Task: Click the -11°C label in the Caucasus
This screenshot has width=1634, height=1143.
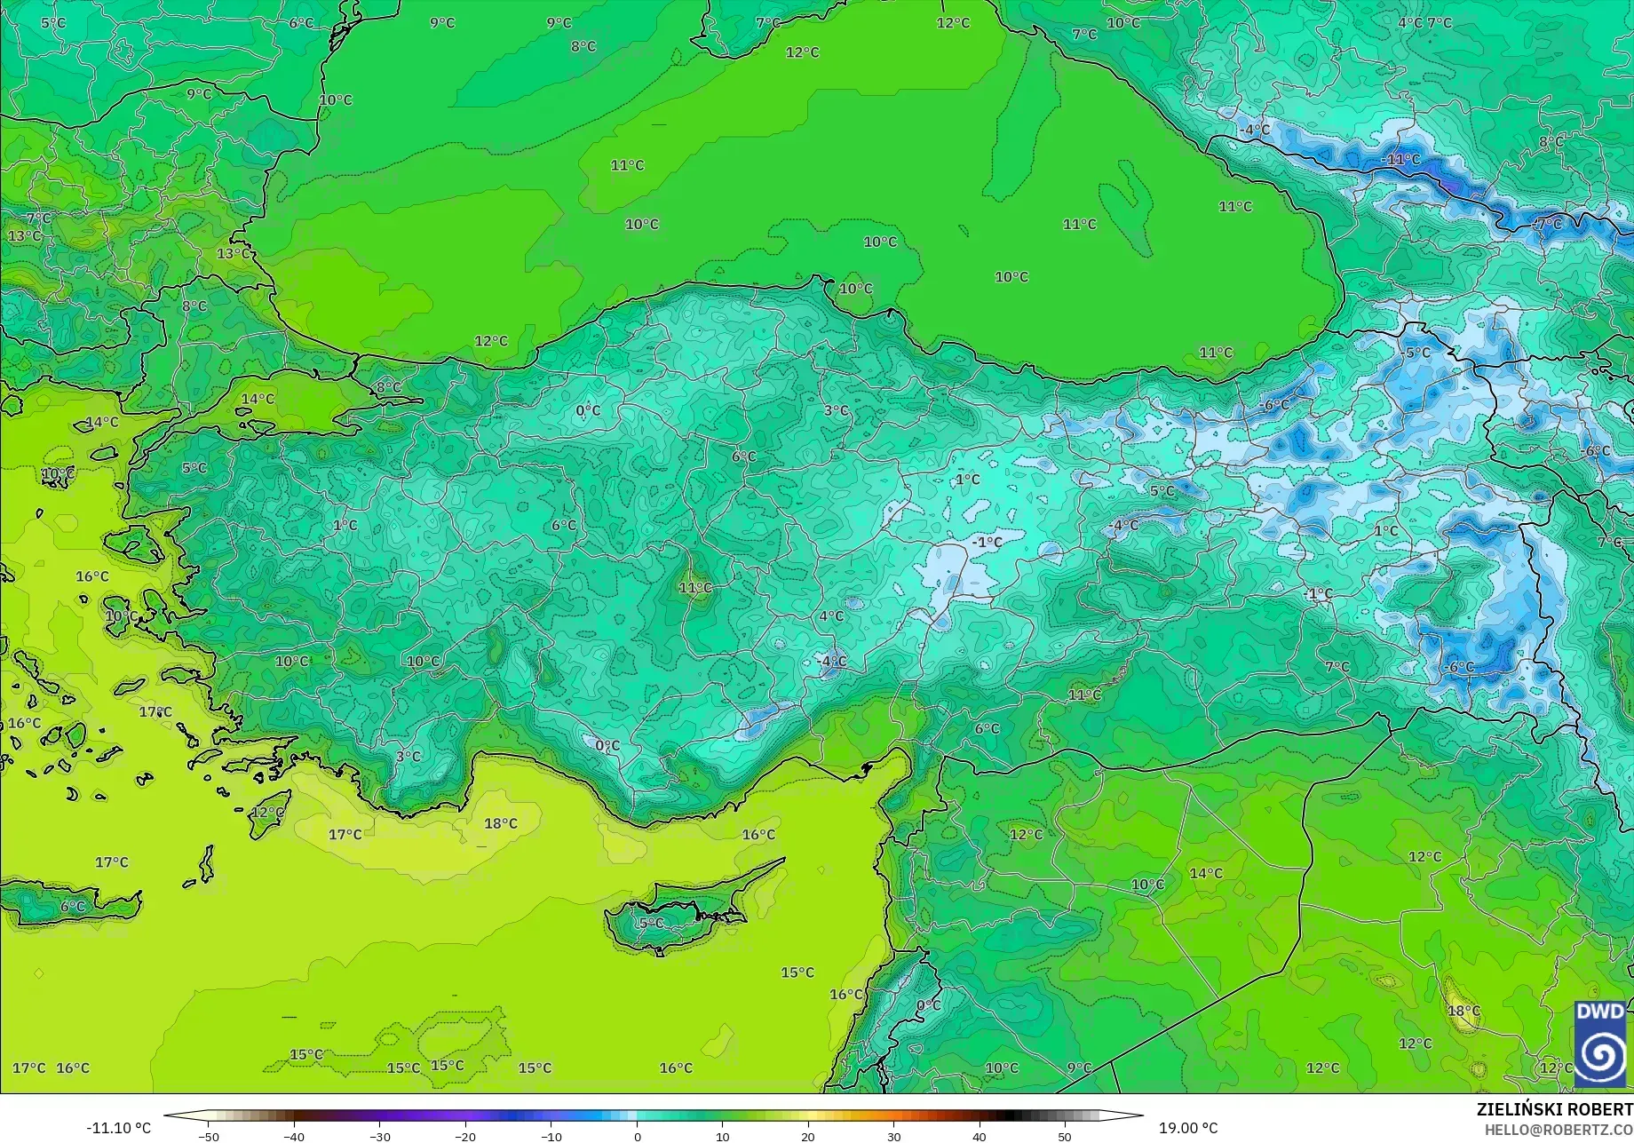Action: [1401, 160]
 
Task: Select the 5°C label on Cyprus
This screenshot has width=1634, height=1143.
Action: [651, 924]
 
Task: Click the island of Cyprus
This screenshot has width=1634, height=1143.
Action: [684, 910]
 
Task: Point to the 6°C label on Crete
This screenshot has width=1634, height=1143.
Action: [73, 907]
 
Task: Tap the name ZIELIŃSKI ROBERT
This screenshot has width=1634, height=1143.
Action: [1554, 1109]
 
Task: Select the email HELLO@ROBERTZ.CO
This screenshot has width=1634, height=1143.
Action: [1559, 1129]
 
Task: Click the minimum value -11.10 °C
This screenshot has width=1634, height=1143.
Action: [118, 1128]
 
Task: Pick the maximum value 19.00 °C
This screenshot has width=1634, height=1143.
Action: [1188, 1128]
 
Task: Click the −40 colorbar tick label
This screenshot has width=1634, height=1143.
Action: [294, 1137]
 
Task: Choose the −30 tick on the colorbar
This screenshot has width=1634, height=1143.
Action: [379, 1137]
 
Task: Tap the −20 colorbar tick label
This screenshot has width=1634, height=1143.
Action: [465, 1137]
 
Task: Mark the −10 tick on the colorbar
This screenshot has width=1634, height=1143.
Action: [551, 1137]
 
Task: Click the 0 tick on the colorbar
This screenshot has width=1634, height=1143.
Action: [637, 1137]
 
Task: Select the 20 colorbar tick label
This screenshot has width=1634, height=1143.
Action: [808, 1137]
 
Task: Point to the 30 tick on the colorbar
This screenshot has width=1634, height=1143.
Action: [893, 1137]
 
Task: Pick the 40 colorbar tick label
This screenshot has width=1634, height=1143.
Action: [980, 1137]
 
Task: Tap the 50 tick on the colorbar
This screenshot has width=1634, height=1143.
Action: [1065, 1137]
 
